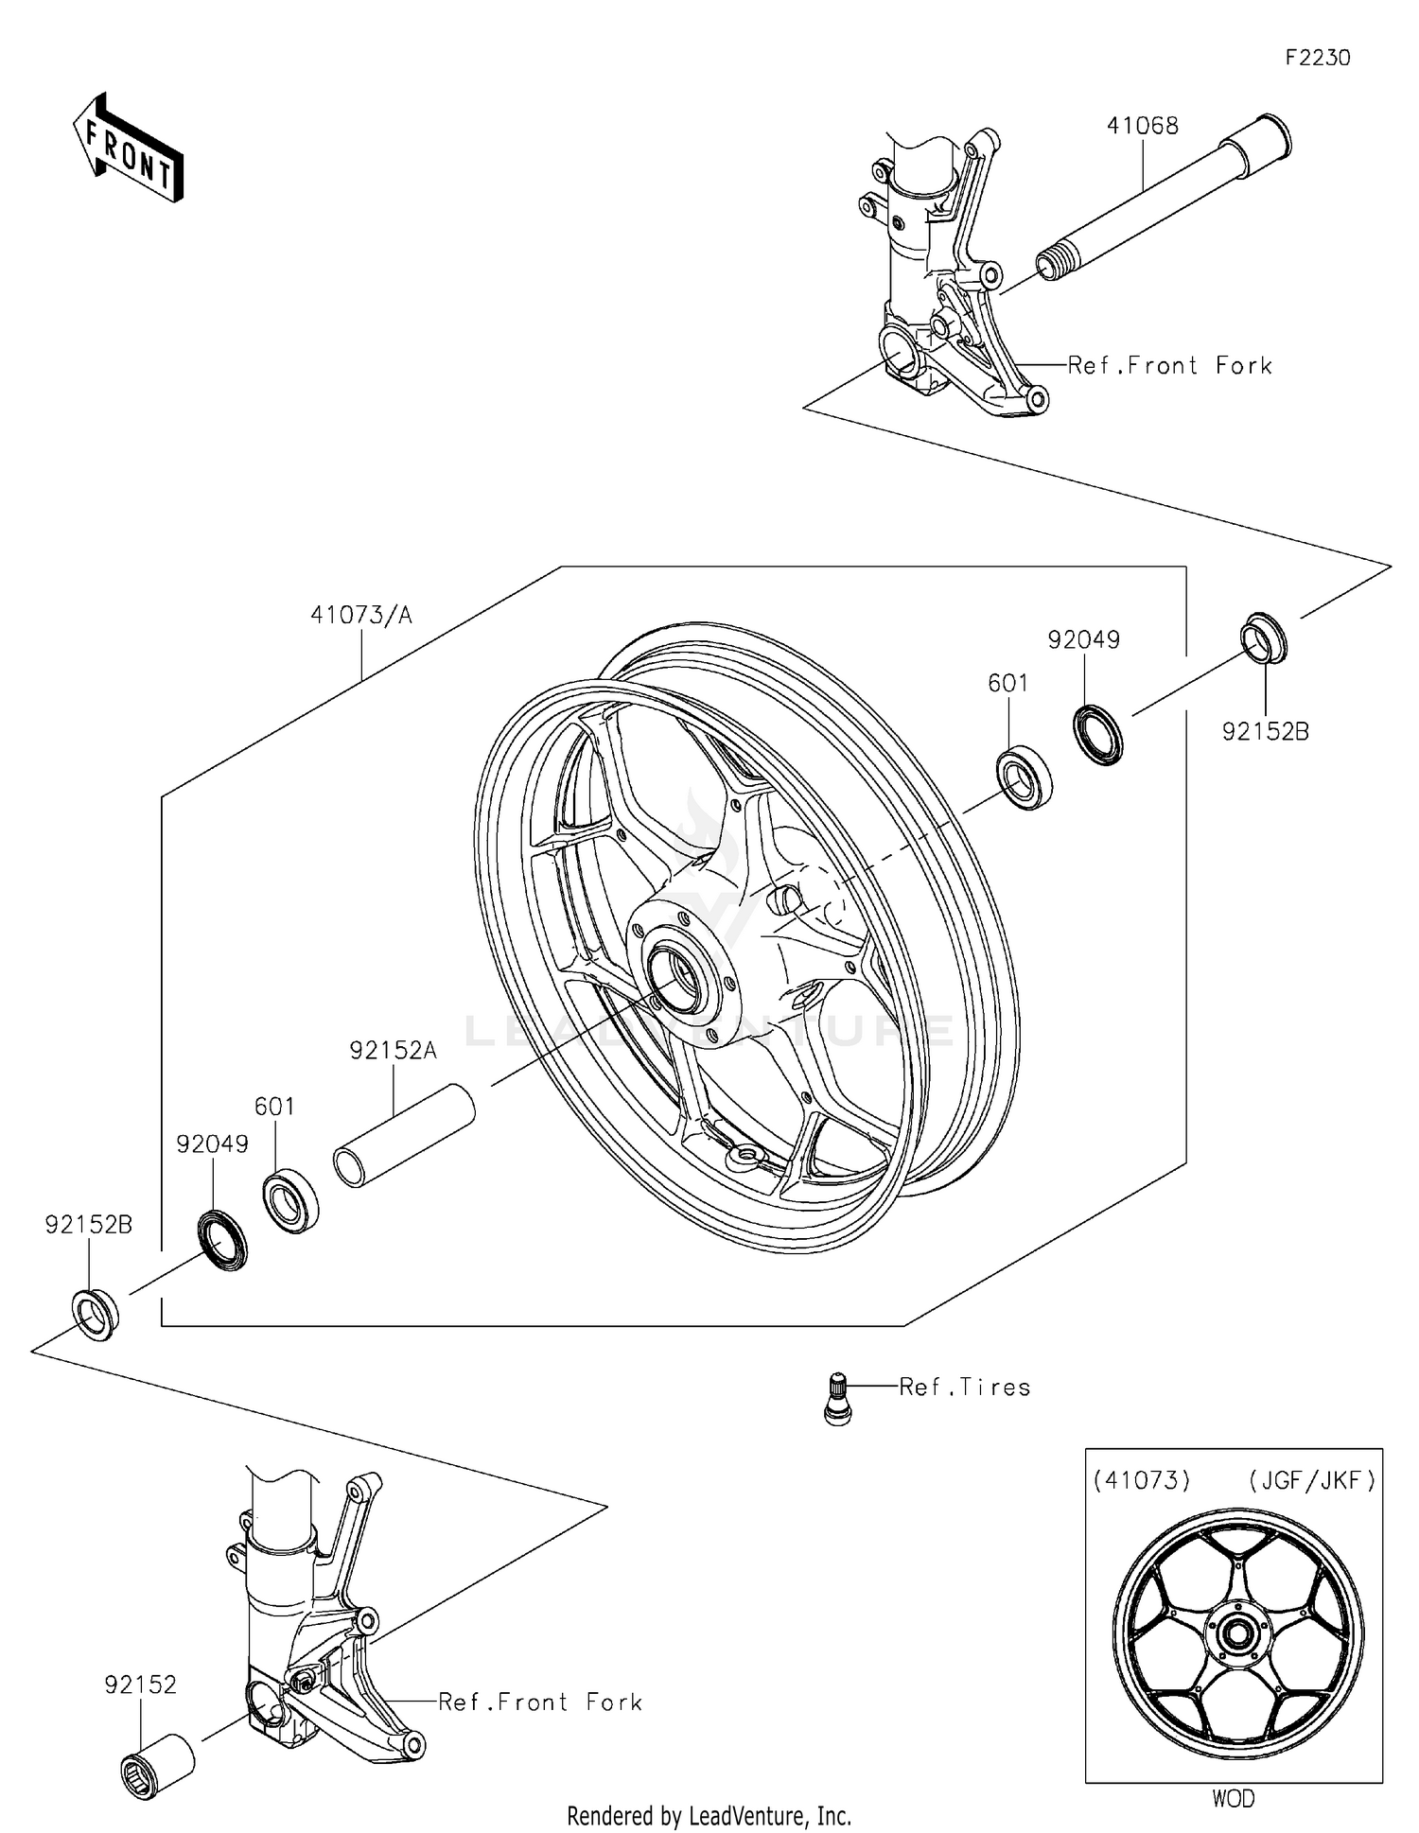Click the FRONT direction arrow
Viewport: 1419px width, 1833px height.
tap(128, 148)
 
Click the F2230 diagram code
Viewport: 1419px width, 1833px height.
tap(1317, 58)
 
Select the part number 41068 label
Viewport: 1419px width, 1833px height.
tap(1143, 126)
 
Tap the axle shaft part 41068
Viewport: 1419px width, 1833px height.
tap(1164, 199)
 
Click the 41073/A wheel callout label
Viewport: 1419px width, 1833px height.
tap(361, 616)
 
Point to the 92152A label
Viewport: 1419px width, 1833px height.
tap(393, 1050)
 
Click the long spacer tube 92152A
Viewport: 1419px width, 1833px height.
tap(404, 1134)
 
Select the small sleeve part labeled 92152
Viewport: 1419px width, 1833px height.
tap(158, 1765)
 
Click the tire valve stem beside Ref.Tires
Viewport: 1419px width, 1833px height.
tap(837, 1397)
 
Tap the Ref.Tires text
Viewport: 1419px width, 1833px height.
tap(964, 1387)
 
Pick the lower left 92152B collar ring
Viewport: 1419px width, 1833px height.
tap(96, 1313)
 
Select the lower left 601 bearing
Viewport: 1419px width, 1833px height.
tap(289, 1200)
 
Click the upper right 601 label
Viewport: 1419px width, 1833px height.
tap(1007, 683)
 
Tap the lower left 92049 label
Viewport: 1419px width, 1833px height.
tap(212, 1144)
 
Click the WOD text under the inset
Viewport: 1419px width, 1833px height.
tap(1233, 1798)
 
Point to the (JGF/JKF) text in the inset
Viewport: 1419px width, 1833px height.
tap(1311, 1480)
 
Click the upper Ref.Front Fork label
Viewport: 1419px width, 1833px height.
tap(1169, 366)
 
